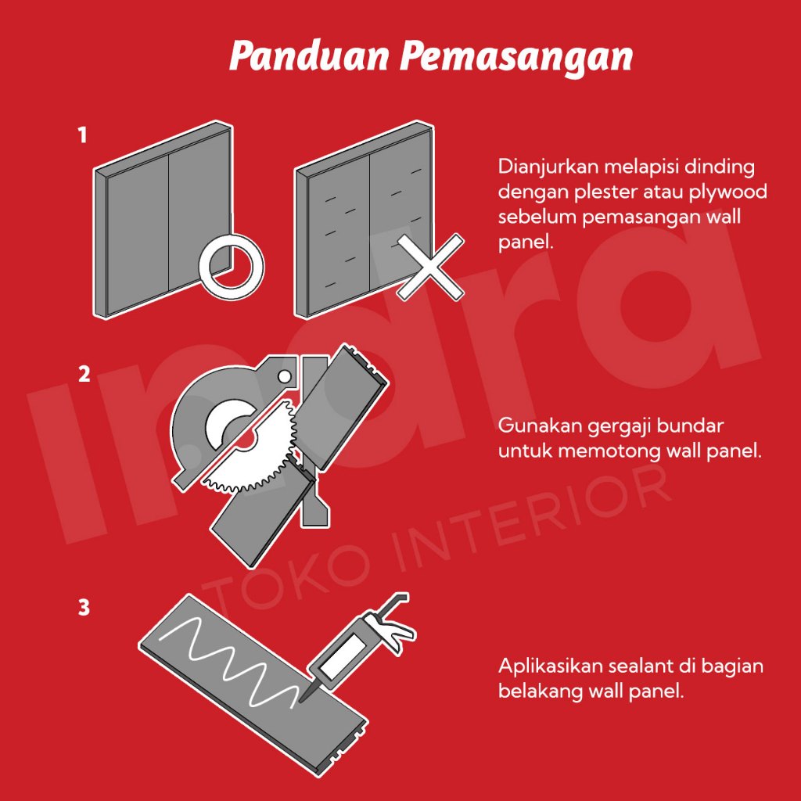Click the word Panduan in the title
tap(309, 56)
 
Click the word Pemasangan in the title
tap(516, 57)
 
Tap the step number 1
tap(82, 135)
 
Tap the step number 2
tap(84, 374)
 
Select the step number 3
tap(84, 607)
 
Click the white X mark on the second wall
tap(431, 267)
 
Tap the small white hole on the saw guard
tap(285, 377)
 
